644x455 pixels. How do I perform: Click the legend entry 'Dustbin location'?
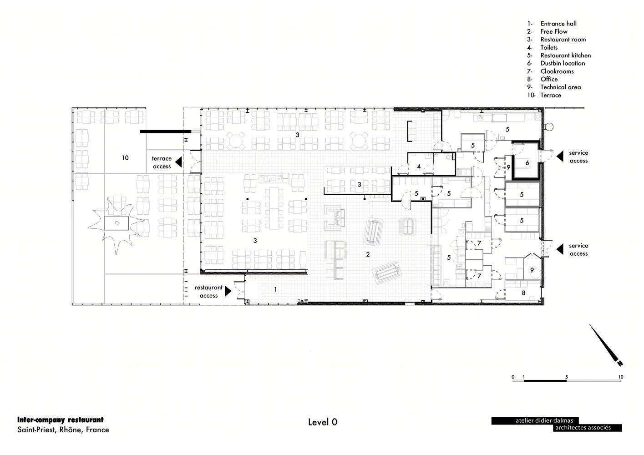click(x=563, y=63)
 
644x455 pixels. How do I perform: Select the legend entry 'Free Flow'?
click(x=554, y=31)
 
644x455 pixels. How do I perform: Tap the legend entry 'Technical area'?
click(x=560, y=87)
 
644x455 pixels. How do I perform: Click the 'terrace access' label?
click(x=162, y=162)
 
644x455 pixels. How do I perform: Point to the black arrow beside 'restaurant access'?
click(x=228, y=291)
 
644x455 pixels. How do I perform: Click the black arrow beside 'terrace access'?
click(x=179, y=162)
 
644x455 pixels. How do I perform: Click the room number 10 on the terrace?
click(x=125, y=158)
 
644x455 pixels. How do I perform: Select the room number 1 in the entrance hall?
click(x=275, y=289)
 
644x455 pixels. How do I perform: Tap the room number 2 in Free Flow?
click(x=367, y=254)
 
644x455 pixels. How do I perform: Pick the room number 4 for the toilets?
click(x=419, y=167)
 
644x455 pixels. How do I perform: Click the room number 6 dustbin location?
click(x=527, y=163)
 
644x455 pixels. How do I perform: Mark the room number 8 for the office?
click(x=523, y=293)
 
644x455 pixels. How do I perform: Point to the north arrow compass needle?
click(x=606, y=345)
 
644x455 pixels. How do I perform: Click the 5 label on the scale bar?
click(x=566, y=377)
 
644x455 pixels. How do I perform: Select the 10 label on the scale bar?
click(x=621, y=377)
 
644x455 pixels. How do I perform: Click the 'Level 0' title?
click(x=323, y=422)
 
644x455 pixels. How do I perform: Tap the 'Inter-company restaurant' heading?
click(x=61, y=420)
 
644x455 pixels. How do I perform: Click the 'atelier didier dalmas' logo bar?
click(x=535, y=421)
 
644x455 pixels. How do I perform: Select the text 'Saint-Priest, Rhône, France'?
click(x=63, y=430)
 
